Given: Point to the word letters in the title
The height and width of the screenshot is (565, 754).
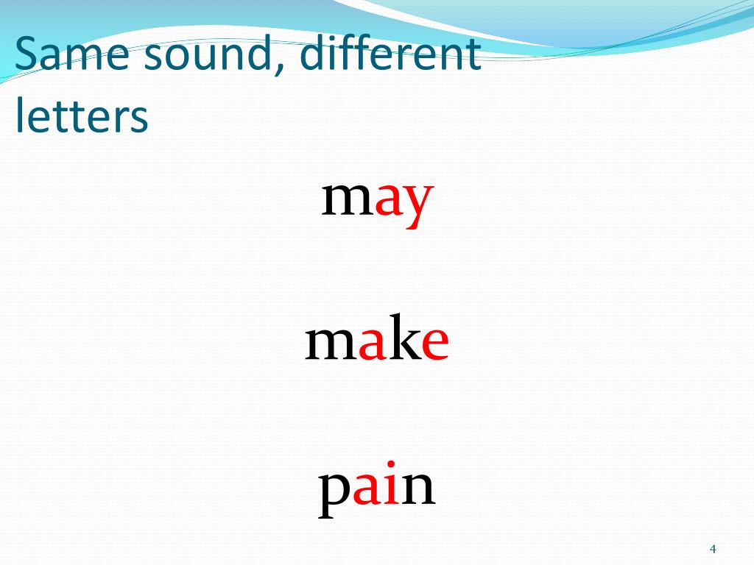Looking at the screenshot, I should (x=81, y=116).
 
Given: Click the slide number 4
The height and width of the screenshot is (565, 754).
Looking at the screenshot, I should (x=712, y=549).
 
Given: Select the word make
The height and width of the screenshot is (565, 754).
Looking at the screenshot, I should (x=377, y=343).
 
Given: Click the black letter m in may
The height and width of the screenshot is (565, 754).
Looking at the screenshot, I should (x=348, y=200).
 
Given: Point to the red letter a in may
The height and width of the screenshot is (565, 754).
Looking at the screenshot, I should (x=388, y=201).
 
